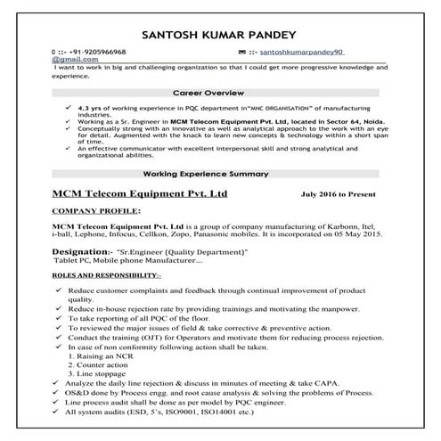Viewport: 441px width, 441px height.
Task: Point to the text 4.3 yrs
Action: point(93,105)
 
